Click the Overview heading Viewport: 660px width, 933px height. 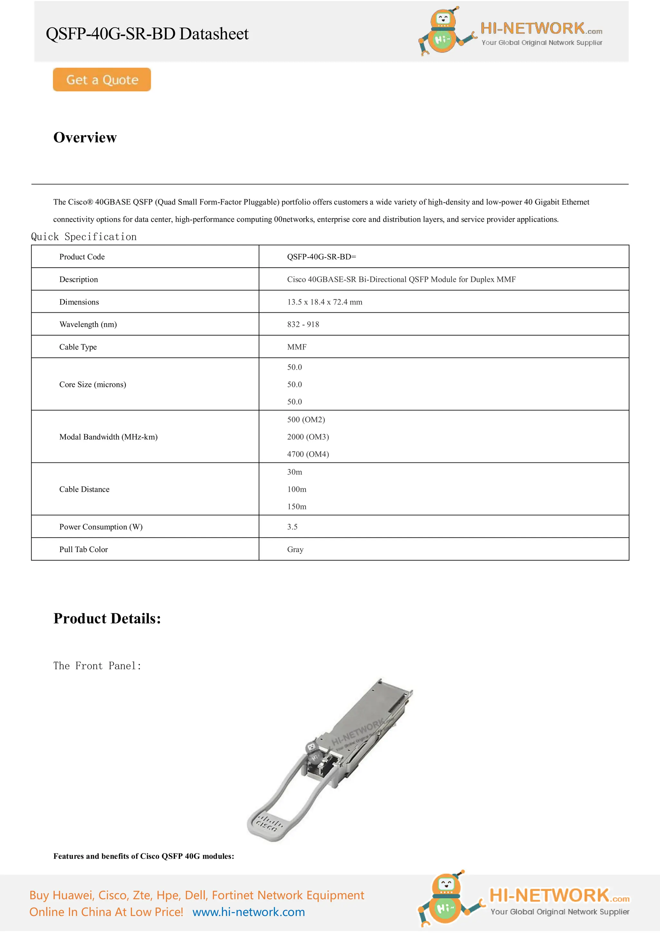pos(85,137)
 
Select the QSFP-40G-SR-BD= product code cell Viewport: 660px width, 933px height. pos(321,257)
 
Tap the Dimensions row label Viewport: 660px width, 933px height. pos(79,302)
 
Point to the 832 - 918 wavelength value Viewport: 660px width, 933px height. pos(303,324)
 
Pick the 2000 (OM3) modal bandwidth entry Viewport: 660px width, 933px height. pos(308,437)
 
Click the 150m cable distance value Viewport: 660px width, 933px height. pos(296,507)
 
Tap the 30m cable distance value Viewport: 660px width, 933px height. pos(295,472)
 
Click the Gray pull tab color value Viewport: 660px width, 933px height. pos(295,549)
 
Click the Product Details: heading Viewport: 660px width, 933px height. pos(107,618)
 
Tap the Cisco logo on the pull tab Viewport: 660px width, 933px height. pos(267,823)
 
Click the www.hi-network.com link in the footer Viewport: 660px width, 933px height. pos(248,912)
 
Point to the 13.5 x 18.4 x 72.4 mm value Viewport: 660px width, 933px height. pos(325,302)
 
